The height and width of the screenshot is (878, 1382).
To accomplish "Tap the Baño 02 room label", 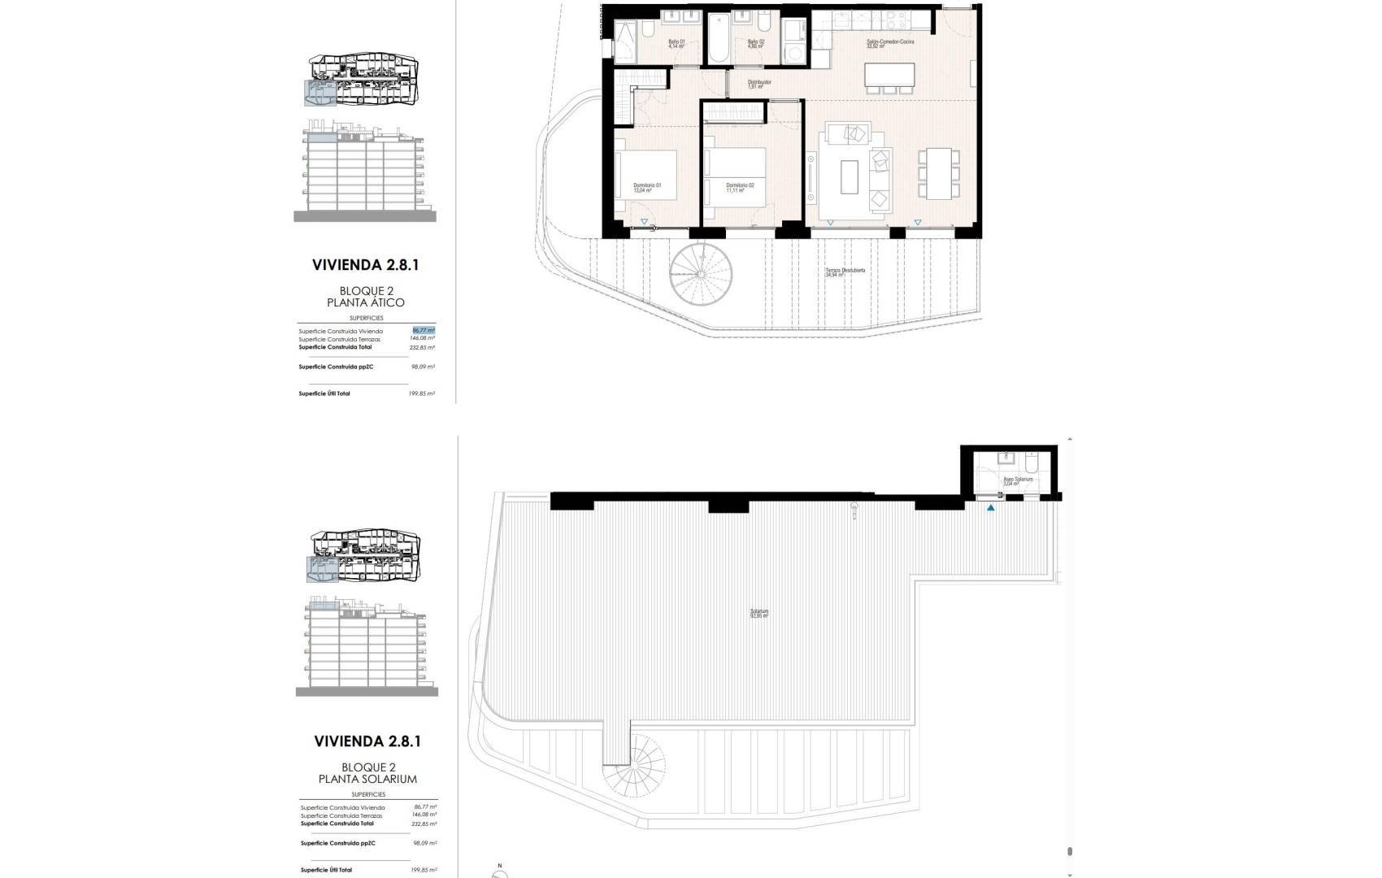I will click(756, 44).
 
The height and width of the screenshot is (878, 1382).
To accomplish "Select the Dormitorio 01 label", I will click(647, 188).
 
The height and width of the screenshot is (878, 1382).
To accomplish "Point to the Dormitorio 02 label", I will click(740, 188).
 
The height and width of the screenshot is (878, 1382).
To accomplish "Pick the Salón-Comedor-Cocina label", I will click(885, 44).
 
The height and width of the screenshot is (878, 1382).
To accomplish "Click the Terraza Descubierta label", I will click(845, 272).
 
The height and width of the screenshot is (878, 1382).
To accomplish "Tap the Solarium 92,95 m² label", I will click(759, 614).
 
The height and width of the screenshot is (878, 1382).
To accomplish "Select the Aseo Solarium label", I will click(1017, 481).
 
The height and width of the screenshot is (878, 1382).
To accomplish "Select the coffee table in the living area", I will click(850, 176).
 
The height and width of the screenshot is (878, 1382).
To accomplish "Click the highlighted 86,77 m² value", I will click(423, 331).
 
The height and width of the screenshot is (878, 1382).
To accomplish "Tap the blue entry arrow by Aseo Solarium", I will click(990, 508).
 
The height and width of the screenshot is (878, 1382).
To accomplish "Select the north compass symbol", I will click(500, 871).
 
